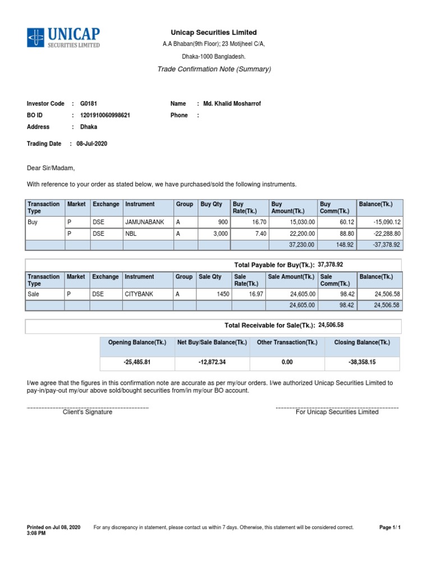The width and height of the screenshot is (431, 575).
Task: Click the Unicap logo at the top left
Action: [63, 37]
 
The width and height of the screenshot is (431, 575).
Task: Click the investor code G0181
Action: [89, 104]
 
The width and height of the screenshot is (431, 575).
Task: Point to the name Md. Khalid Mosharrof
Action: [232, 104]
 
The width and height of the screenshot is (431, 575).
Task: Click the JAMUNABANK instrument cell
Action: [145, 222]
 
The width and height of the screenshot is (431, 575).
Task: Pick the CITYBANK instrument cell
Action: [139, 294]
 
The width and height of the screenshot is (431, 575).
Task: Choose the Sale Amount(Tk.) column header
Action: [291, 277]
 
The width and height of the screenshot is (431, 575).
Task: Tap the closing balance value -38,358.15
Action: [362, 362]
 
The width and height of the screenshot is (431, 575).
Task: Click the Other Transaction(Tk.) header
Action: [287, 343]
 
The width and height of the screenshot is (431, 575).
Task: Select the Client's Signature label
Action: [88, 412]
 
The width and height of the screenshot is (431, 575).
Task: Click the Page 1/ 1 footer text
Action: [390, 527]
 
